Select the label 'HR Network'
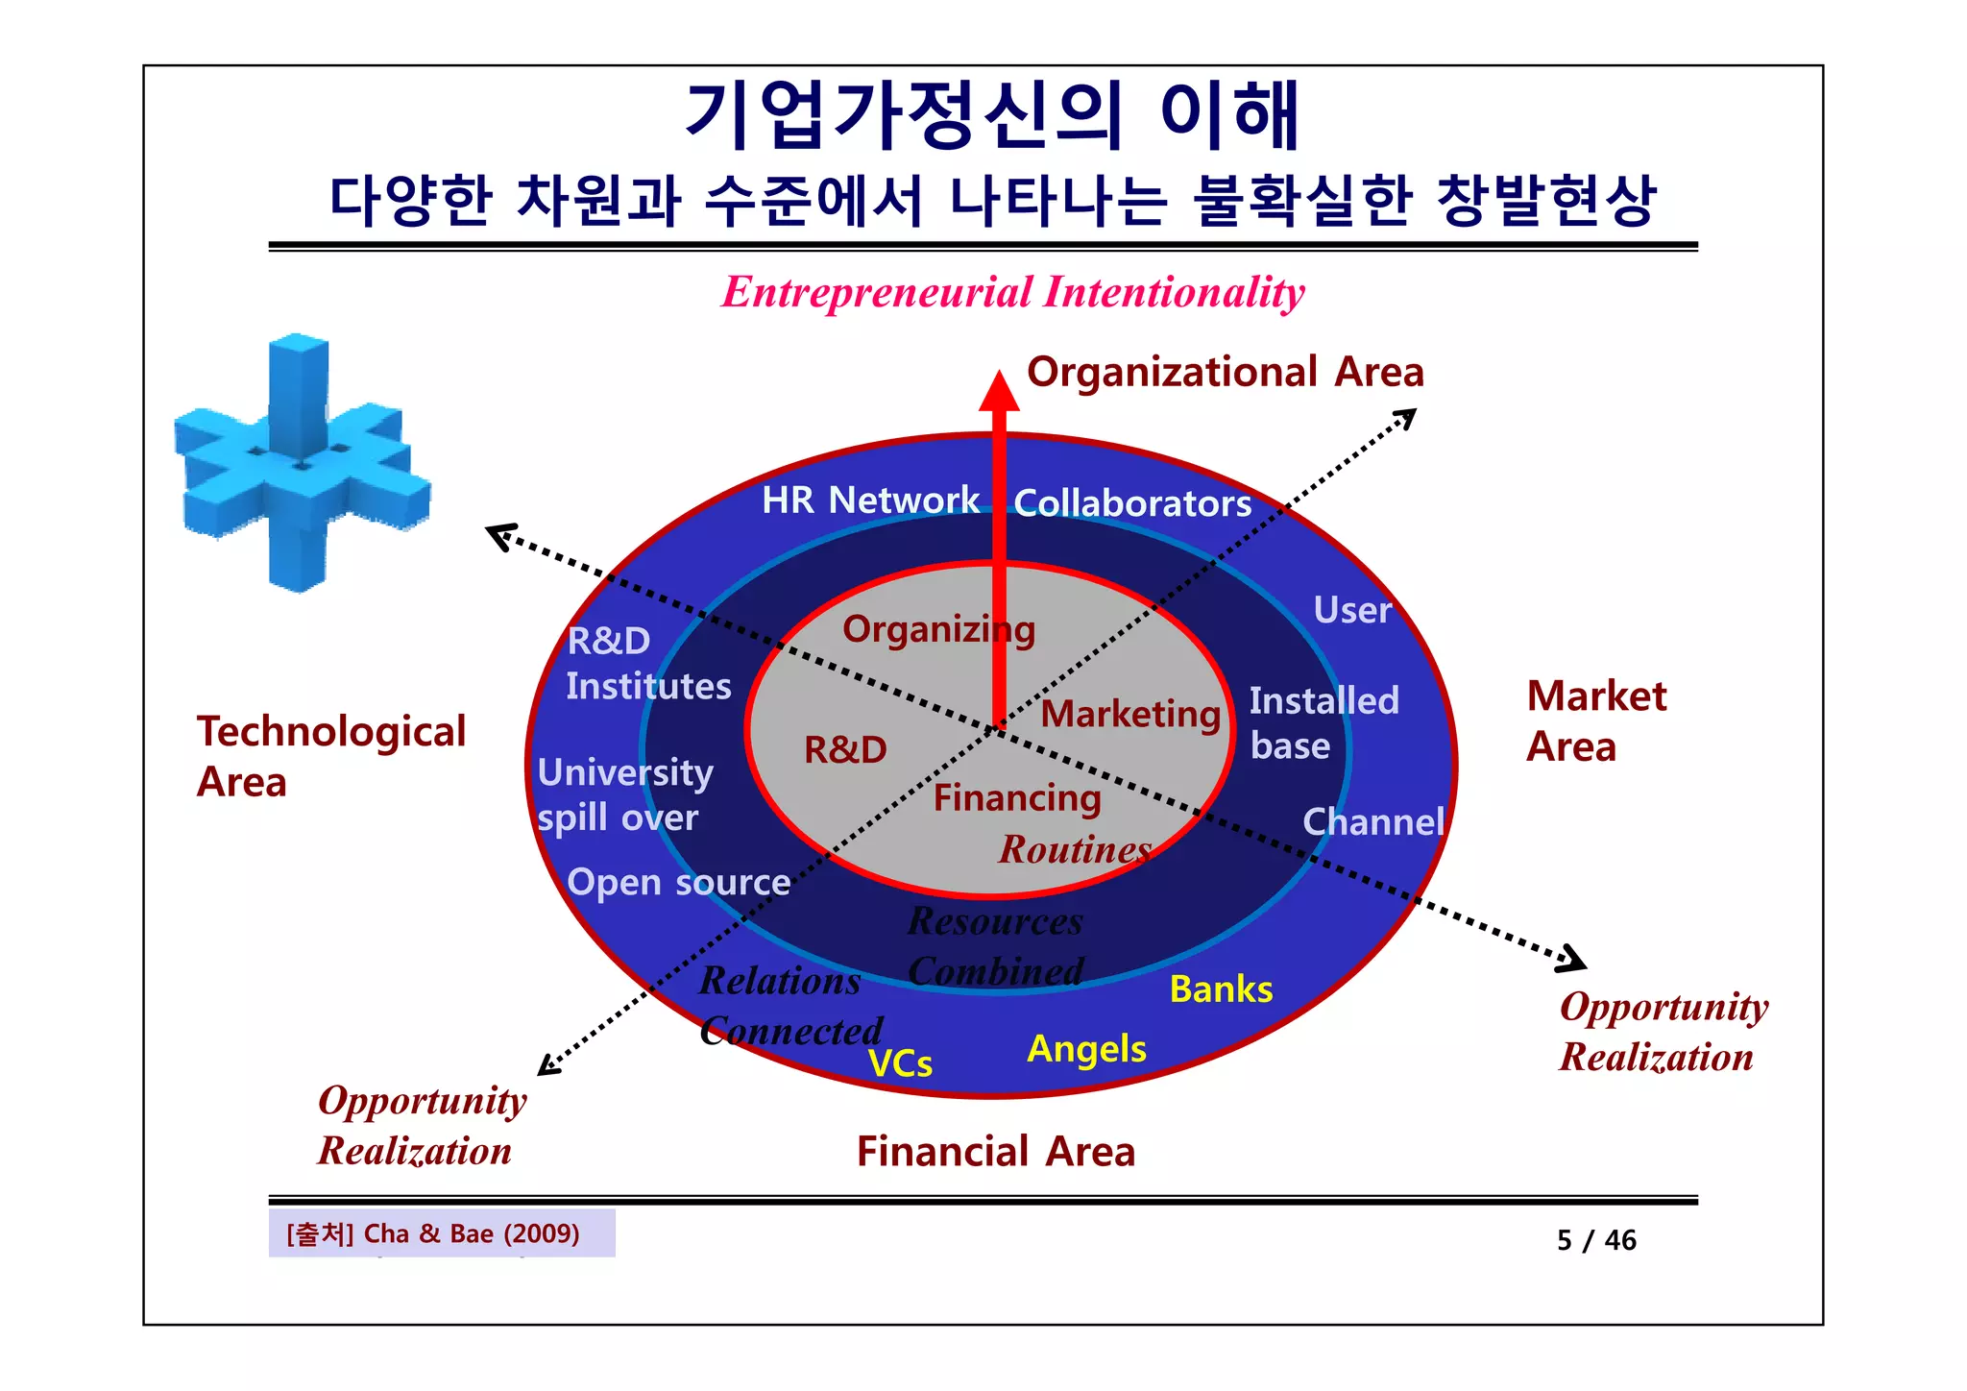(870, 500)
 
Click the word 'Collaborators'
(1132, 503)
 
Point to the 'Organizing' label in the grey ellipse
(938, 630)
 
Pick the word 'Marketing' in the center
(1130, 715)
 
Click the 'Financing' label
(1017, 798)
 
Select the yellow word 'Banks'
(1221, 989)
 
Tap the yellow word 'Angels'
(1086, 1049)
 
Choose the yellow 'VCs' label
(900, 1064)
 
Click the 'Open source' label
(678, 883)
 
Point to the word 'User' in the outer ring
(1352, 611)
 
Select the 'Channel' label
(1373, 822)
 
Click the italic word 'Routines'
(1075, 850)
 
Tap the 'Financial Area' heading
(996, 1152)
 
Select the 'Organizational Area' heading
(1225, 373)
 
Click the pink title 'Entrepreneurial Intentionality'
(1012, 292)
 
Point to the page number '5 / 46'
(1596, 1240)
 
